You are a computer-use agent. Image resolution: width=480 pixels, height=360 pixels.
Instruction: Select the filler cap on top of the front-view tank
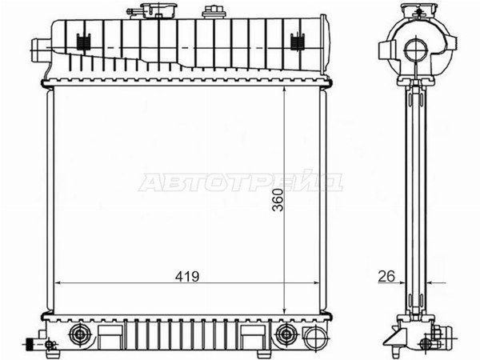150,10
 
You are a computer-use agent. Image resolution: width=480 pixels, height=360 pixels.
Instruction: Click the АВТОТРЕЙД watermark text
240,182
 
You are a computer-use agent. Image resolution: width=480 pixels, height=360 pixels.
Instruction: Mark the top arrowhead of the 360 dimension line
287,90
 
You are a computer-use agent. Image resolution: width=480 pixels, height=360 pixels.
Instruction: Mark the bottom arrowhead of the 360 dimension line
287,310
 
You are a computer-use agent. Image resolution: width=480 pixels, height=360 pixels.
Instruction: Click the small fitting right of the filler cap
213,12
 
